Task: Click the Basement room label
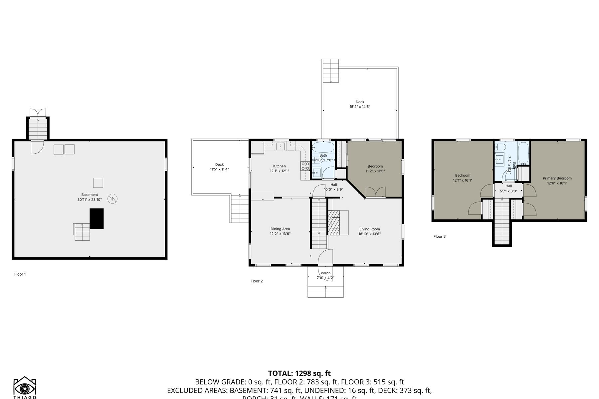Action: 90,195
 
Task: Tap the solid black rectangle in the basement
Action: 97,218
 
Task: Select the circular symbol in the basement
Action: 112,199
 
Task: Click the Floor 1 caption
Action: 20,274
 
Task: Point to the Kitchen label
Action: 279,166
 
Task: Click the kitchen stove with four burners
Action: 305,166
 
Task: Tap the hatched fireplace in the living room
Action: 334,222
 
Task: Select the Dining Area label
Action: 280,229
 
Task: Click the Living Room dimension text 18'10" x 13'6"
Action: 369,234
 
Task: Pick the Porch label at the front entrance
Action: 325,273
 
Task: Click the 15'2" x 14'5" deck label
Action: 360,107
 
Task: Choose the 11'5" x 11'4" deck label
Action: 219,169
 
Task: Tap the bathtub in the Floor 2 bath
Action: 323,147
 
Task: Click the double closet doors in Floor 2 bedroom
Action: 376,193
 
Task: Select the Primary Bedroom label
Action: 557,178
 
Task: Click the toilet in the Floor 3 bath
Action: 501,147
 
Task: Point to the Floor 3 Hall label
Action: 508,186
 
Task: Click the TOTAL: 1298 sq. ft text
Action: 299,373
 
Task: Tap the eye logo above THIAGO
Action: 25,388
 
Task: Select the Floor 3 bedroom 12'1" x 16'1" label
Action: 463,180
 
